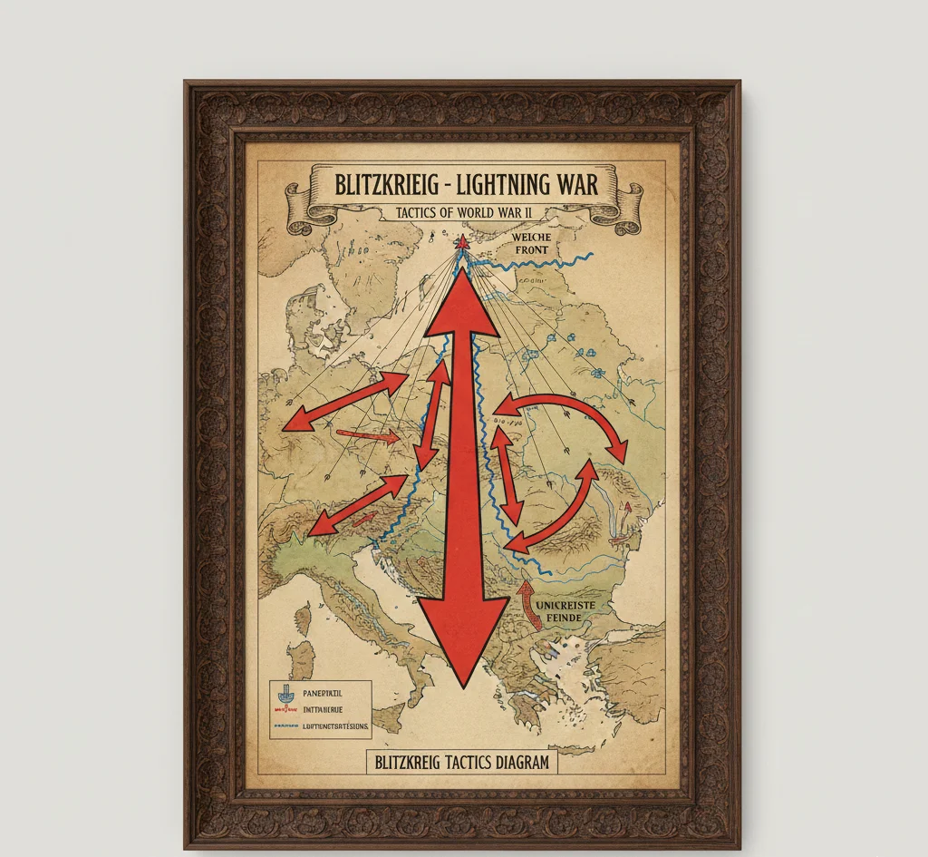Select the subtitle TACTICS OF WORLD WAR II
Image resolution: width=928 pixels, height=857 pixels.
(463, 214)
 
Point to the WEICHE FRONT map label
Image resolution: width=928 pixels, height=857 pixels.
(530, 243)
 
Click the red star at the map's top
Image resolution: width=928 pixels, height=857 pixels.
(462, 242)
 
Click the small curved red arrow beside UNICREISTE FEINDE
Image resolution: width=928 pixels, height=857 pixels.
(525, 604)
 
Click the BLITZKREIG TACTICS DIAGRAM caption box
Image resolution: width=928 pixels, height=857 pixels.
(461, 762)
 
